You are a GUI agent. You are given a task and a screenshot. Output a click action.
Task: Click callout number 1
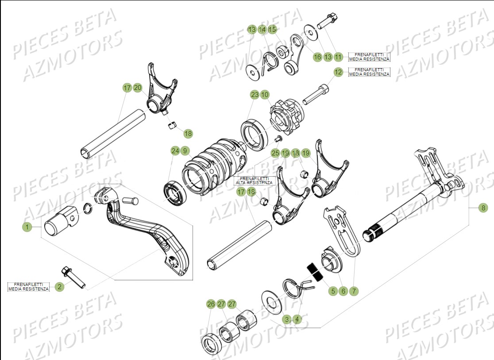click(x=27, y=227)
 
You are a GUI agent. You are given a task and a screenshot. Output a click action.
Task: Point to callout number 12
click(x=338, y=72)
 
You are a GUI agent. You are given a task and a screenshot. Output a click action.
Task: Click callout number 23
click(x=255, y=94)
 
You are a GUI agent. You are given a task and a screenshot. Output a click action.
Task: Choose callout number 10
click(x=265, y=94)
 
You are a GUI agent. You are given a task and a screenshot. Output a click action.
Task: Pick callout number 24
click(x=175, y=151)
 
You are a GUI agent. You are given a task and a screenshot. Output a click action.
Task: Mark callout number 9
click(x=185, y=151)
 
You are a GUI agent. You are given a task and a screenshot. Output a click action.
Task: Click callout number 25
click(x=275, y=153)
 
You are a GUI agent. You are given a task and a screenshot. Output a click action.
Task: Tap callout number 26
click(x=211, y=304)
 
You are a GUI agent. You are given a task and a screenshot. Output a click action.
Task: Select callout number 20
click(x=138, y=88)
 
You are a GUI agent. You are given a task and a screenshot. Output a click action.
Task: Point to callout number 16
click(x=317, y=57)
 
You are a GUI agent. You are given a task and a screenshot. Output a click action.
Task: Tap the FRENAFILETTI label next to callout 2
click(x=28, y=286)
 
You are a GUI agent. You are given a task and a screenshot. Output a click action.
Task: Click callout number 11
click(x=338, y=57)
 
